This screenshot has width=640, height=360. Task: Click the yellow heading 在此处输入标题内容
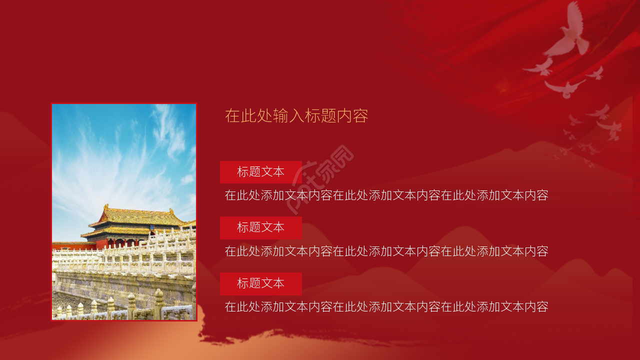[x=296, y=116]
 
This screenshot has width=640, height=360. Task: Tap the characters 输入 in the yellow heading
[x=284, y=116]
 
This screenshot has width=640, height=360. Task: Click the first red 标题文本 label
[x=260, y=172]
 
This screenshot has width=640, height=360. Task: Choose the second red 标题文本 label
[x=260, y=227]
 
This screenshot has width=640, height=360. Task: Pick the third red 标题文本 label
[x=260, y=283]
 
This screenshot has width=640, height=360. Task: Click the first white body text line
[x=386, y=195]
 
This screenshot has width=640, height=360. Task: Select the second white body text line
[x=386, y=251]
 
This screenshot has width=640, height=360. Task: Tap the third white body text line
[x=386, y=307]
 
